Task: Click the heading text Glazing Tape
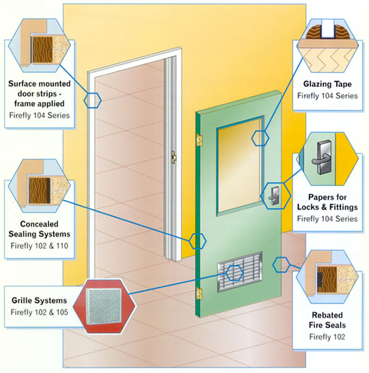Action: pyautogui.click(x=327, y=84)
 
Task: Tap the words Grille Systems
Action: pyautogui.click(x=39, y=300)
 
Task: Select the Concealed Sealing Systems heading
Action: pyautogui.click(x=39, y=229)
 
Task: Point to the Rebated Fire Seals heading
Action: pyautogui.click(x=327, y=320)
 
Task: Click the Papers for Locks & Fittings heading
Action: pyautogui.click(x=327, y=202)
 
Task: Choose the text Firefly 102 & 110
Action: pyautogui.click(x=39, y=246)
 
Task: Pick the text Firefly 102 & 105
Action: pyautogui.click(x=39, y=312)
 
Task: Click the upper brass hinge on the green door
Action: pyautogui.click(x=200, y=140)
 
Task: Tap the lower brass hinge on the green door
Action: pyautogui.click(x=200, y=293)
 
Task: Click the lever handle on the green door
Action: pyautogui.click(x=274, y=196)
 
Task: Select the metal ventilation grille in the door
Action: pyautogui.click(x=240, y=271)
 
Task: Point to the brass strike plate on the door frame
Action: pyautogui.click(x=174, y=157)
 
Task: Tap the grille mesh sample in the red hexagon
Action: pyautogui.click(x=104, y=307)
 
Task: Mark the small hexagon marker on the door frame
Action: pyautogui.click(x=93, y=101)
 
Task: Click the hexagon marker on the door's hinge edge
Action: pyautogui.click(x=197, y=241)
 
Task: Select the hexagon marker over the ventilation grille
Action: pyautogui.click(x=234, y=272)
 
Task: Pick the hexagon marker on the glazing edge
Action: pyautogui.click(x=260, y=138)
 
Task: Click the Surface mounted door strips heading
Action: pyautogui.click(x=39, y=94)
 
